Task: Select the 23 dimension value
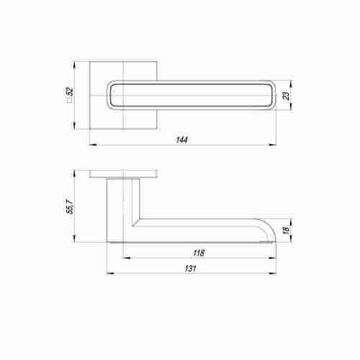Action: coord(286,95)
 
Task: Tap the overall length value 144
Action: coord(181,140)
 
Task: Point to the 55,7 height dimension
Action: coord(71,210)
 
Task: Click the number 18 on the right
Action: coord(286,230)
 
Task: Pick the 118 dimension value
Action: coord(199,253)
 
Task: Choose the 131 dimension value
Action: coord(190,268)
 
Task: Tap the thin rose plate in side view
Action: coord(124,174)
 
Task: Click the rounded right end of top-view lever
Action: coord(270,94)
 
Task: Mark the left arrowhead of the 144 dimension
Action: coord(92,145)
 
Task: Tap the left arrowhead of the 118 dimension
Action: coord(124,258)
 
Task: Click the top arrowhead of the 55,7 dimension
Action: coord(76,172)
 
